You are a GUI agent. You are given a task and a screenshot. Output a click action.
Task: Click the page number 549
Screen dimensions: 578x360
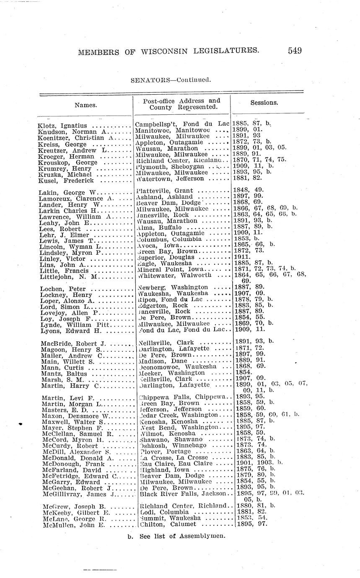(295, 51)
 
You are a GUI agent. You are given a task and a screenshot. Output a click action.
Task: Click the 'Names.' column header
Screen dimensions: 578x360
(86, 106)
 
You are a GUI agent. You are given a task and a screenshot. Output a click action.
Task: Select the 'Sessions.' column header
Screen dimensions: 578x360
(264, 103)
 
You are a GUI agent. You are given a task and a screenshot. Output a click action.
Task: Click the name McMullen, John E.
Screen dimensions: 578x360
(73, 524)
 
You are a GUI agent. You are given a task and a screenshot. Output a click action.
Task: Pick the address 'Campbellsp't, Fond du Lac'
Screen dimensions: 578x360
(182, 124)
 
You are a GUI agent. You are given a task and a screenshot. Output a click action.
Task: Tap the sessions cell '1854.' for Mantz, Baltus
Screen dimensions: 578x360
(241, 372)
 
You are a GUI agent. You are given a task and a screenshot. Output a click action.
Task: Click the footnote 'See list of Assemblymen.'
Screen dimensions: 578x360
(180, 536)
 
